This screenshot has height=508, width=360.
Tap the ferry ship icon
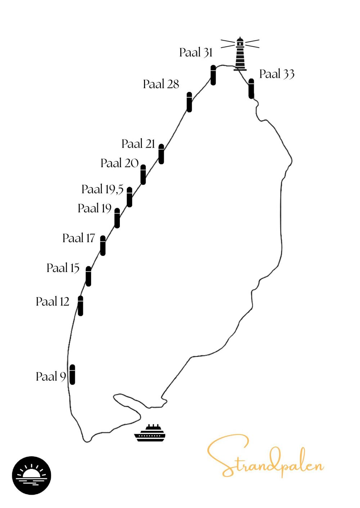pyautogui.click(x=149, y=433)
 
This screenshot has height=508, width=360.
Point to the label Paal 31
pyautogui.click(x=196, y=52)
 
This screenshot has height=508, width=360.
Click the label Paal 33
pyautogui.click(x=276, y=74)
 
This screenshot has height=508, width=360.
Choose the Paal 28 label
pyautogui.click(x=161, y=84)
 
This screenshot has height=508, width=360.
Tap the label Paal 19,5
pyautogui.click(x=102, y=189)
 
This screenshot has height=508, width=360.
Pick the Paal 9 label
pyautogui.click(x=51, y=376)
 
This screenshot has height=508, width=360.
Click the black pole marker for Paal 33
pyautogui.click(x=251, y=89)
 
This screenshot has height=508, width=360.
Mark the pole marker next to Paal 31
pyautogui.click(x=213, y=75)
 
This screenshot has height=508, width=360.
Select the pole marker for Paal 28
pyautogui.click(x=189, y=102)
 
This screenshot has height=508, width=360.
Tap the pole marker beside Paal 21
pyautogui.click(x=161, y=154)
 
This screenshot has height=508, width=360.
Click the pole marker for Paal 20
pyautogui.click(x=143, y=175)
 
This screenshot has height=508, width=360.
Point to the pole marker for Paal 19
pyautogui.click(x=117, y=218)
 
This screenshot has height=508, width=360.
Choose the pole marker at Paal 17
pyautogui.click(x=103, y=246)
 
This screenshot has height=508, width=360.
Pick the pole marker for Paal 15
pyautogui.click(x=88, y=276)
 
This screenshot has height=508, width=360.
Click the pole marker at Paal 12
pyautogui.click(x=80, y=306)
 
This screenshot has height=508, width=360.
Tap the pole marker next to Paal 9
pyautogui.click(x=72, y=374)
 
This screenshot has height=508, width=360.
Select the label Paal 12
pyautogui.click(x=52, y=302)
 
